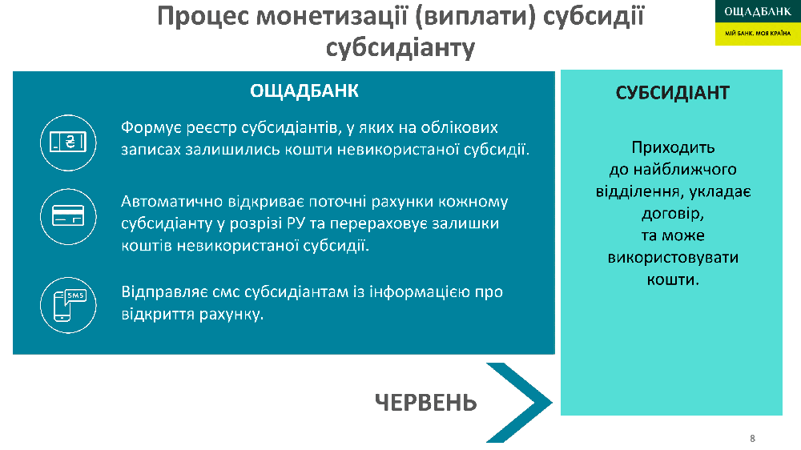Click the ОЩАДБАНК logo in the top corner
click(758, 22)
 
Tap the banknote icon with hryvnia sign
click(68, 143)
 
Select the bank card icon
click(68, 216)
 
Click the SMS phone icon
click(68, 305)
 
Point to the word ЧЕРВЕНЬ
click(425, 403)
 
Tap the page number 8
click(752, 438)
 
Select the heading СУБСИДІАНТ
click(672, 93)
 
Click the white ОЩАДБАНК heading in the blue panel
click(304, 91)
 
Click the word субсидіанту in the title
click(400, 47)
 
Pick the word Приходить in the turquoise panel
click(673, 148)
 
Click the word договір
click(673, 214)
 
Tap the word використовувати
click(673, 258)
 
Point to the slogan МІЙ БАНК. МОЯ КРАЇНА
click(758, 33)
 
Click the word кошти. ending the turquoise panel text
click(673, 279)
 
